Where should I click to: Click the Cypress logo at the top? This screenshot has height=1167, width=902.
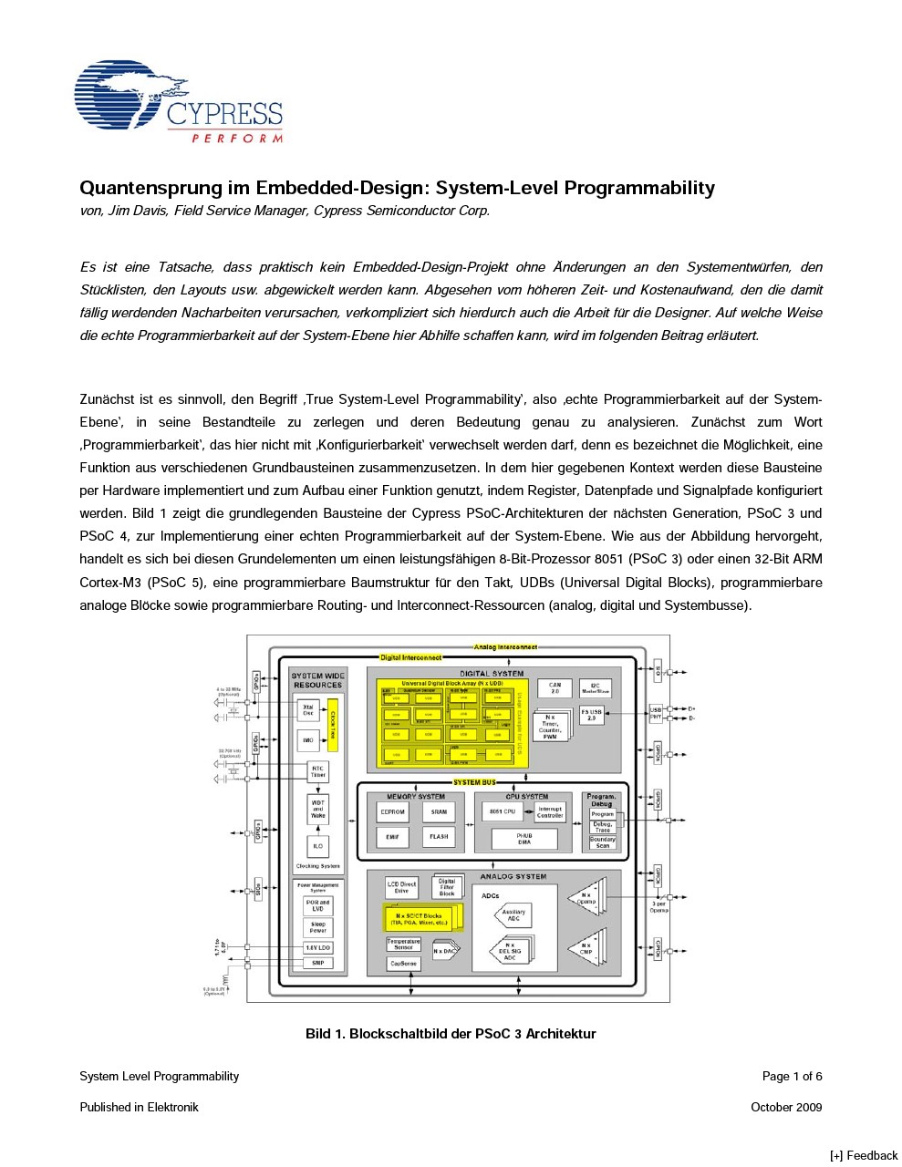click(178, 102)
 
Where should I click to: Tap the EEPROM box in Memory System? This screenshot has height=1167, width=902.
click(392, 811)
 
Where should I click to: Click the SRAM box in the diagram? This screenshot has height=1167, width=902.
click(439, 811)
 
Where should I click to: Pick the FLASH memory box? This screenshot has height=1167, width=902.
click(439, 836)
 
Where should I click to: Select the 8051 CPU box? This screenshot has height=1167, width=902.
click(502, 811)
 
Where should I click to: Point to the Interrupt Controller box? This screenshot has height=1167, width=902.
click(550, 811)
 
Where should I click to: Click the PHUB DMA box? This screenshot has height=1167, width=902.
click(524, 839)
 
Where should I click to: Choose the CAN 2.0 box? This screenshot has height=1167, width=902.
click(555, 688)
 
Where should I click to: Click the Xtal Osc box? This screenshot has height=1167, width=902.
click(308, 709)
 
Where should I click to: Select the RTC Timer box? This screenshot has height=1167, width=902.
click(317, 771)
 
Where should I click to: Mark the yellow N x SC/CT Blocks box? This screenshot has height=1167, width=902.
click(419, 919)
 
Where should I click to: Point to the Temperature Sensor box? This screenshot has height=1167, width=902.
click(403, 944)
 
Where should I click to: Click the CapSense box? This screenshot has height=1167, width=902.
click(403, 963)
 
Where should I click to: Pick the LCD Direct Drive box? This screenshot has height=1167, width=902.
click(401, 886)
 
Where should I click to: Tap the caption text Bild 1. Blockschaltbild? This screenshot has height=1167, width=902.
click(451, 1034)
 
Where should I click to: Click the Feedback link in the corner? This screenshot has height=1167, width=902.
click(864, 1155)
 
